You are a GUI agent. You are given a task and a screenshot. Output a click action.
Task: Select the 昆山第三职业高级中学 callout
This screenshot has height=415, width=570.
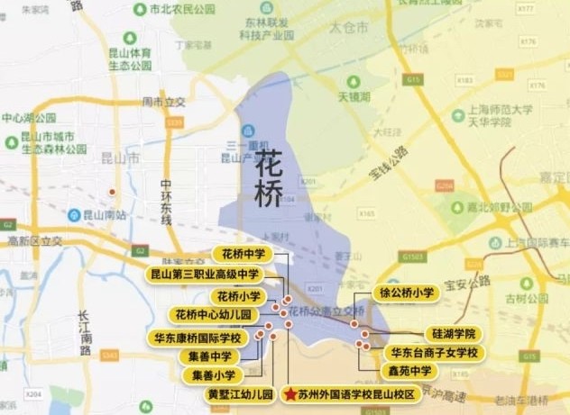click(x=204, y=274)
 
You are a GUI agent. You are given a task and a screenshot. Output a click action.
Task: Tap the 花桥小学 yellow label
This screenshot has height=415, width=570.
click(x=235, y=295)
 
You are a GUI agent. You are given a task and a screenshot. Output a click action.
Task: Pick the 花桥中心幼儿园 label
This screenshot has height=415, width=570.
click(x=214, y=315)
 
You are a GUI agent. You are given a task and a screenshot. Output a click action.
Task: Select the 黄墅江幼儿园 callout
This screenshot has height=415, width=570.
click(x=239, y=394)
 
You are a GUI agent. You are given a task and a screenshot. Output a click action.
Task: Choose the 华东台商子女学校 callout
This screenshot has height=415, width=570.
click(x=433, y=351)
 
